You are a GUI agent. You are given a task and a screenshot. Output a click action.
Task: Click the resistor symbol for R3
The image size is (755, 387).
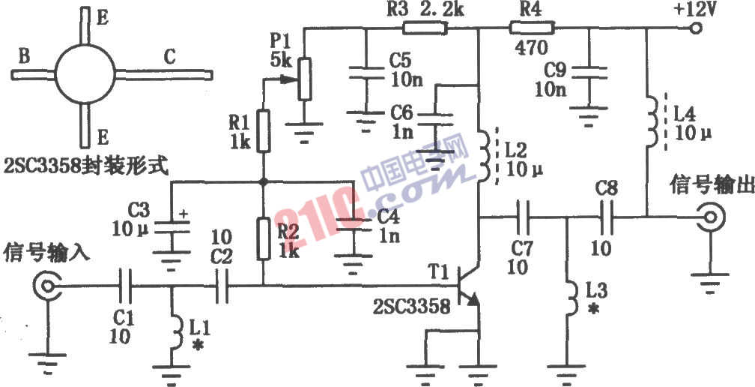click(425, 28)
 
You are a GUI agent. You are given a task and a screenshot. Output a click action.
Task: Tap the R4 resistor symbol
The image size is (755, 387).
click(532, 28)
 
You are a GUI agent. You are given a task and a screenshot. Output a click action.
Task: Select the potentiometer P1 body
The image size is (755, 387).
click(304, 79)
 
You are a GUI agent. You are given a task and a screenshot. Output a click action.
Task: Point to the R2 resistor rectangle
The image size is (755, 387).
click(263, 238)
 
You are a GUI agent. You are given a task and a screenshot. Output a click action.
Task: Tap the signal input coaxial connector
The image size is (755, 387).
click(47, 286)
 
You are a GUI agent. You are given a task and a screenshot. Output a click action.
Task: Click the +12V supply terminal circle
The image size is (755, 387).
click(695, 28)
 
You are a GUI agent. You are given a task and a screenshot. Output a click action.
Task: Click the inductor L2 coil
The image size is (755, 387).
click(483, 156)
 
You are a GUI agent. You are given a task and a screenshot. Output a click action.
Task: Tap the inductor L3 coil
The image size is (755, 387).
click(571, 298)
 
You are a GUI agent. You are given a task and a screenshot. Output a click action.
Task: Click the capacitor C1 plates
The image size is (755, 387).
click(126, 286)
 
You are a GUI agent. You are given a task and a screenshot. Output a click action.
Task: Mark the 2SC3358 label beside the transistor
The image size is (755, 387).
click(412, 307)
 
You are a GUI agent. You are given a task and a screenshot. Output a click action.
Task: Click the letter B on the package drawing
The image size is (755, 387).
click(24, 57)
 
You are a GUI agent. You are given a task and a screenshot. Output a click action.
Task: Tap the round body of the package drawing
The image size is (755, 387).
click(85, 75)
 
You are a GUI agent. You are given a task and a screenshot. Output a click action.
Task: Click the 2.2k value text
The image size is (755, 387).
click(443, 10)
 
